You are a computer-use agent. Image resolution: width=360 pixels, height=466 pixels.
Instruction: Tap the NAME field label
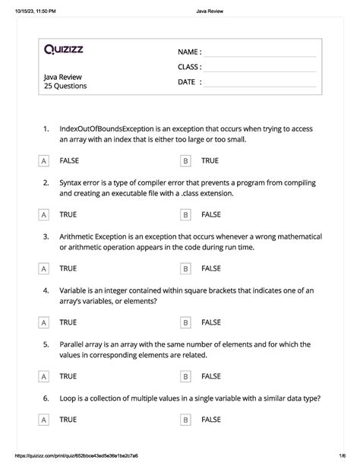click(x=189, y=52)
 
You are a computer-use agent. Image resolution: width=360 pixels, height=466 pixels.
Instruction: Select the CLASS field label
click(x=189, y=67)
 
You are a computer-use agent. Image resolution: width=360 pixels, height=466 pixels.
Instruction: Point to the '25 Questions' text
click(x=65, y=87)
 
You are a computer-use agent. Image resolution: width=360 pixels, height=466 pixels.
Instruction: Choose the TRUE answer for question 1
click(x=210, y=161)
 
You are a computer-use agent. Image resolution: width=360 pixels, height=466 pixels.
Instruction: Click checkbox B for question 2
click(x=185, y=215)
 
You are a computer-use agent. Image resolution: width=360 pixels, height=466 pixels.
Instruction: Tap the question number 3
click(x=46, y=236)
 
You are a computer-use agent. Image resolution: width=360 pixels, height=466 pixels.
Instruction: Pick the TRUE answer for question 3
click(x=68, y=268)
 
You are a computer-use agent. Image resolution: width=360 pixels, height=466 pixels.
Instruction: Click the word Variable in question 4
click(x=75, y=290)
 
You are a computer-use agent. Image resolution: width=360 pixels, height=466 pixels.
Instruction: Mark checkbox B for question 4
click(x=185, y=323)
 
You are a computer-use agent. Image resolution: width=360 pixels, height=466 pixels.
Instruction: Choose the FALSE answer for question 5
click(x=211, y=376)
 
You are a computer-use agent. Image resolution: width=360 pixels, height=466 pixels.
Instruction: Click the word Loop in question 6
click(x=69, y=398)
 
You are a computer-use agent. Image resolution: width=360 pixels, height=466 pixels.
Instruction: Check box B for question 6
click(x=185, y=420)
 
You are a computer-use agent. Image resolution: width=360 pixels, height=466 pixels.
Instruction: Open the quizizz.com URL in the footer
click(x=90, y=456)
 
